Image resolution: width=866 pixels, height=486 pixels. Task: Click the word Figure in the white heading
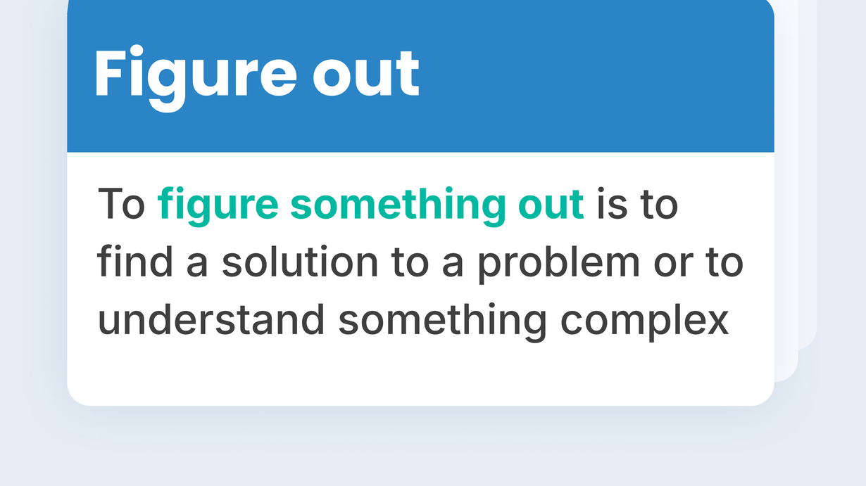[196, 77]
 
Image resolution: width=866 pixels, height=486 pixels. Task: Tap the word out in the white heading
[365, 72]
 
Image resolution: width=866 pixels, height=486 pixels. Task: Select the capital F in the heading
[108, 72]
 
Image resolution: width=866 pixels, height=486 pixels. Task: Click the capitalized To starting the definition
[121, 203]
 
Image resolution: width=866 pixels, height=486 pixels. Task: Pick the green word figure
[218, 206]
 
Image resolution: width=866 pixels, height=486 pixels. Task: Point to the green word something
[398, 206]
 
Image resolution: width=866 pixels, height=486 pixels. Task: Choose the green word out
[551, 205]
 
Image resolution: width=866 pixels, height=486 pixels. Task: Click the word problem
[558, 264]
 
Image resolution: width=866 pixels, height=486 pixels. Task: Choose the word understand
[211, 319]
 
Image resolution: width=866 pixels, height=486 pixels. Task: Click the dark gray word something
[442, 322]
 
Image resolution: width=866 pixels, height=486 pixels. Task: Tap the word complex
[644, 322]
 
